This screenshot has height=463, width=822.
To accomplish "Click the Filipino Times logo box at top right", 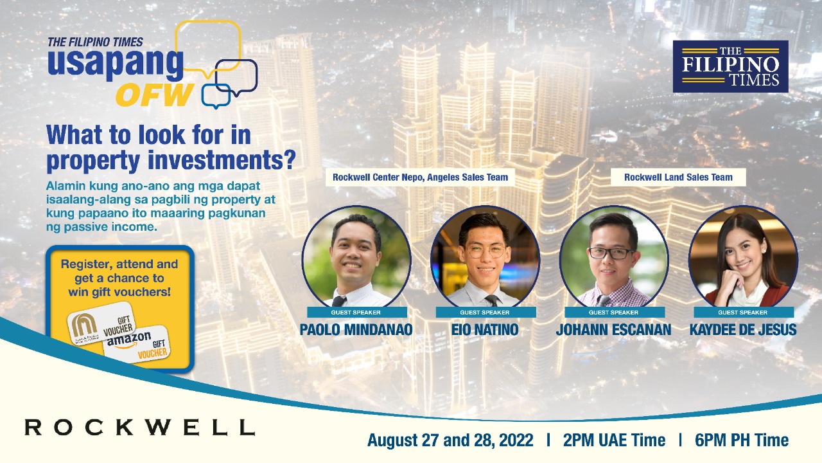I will coord(730,66).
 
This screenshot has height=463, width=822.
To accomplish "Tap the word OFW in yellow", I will coord(155,95).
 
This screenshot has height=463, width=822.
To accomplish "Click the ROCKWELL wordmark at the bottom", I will coord(139,427).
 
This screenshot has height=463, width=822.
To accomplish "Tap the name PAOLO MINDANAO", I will coord(356,331).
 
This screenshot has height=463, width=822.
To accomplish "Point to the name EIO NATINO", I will coord(485,331).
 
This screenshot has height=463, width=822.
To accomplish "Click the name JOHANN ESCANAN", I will coord(614,331).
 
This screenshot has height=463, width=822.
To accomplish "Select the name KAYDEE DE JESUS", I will coord(743,331).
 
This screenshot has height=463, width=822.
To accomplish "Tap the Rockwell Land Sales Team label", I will coord(678,177).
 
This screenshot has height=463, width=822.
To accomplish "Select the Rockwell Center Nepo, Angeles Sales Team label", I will coord(420,177).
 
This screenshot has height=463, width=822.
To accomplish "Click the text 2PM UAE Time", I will coord(614,440).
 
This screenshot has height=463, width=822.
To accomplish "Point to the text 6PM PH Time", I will coord(742,440).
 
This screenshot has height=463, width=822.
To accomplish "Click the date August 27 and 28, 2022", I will coord(450,440).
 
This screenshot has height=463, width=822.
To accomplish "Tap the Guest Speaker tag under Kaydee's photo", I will coord(743,313).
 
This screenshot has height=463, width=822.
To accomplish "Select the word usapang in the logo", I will coord(116,64).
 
